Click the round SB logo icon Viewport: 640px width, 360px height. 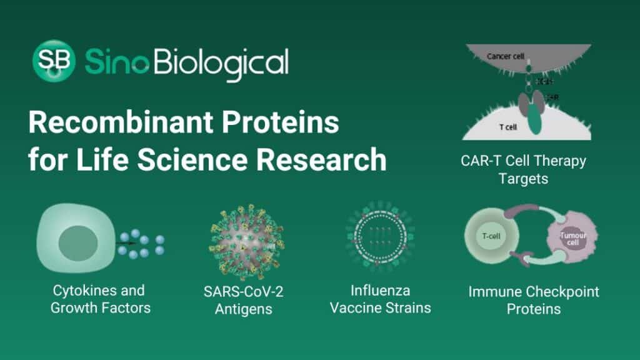click(x=54, y=61)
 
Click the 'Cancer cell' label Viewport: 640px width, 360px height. click(x=505, y=57)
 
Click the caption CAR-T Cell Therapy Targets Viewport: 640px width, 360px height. click(x=523, y=169)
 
